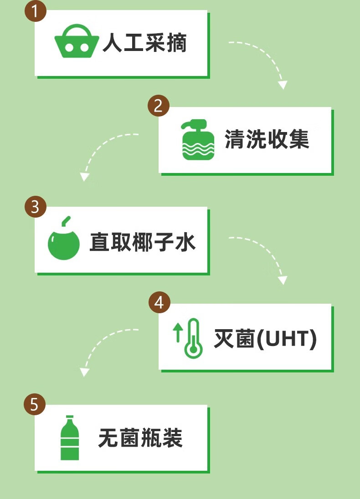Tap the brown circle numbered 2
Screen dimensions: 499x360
tap(159, 106)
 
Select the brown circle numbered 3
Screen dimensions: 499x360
tap(35, 207)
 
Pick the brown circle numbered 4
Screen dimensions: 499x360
tap(159, 302)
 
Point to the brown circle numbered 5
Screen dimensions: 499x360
tap(35, 404)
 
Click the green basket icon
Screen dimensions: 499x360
tap(77, 43)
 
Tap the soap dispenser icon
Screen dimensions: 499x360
tap(198, 140)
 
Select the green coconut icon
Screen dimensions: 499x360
tap(64, 241)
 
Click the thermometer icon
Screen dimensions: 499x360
tap(193, 337)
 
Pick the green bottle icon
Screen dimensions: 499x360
tap(70, 438)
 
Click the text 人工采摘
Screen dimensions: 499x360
tap(144, 44)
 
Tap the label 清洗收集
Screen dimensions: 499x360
tap(267, 139)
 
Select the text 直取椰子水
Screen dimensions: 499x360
tap(142, 241)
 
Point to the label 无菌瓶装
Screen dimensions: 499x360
tap(140, 438)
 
